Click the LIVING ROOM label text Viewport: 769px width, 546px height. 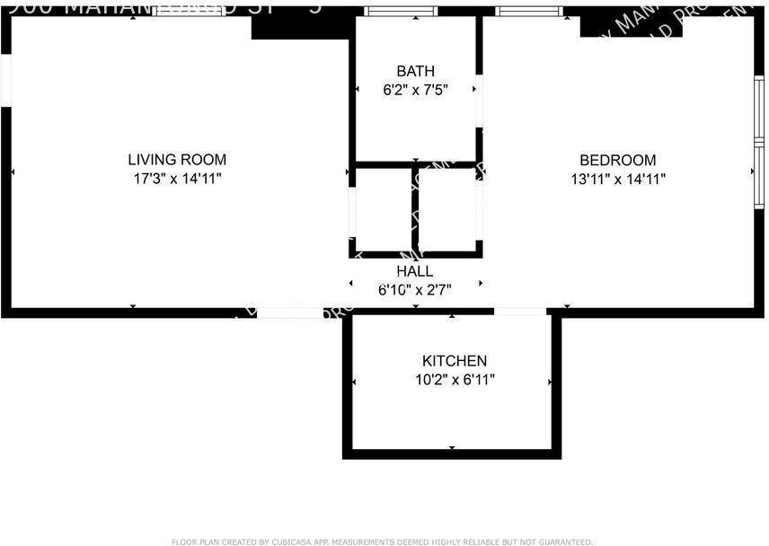point(177,160)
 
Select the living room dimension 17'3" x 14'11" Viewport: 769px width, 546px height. point(177,179)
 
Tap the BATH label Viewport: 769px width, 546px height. point(415,71)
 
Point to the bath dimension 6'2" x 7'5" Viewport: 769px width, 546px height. point(415,90)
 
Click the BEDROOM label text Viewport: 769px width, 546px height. point(617,160)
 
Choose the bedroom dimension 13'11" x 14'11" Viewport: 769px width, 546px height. point(617,179)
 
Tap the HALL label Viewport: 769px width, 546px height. point(414,270)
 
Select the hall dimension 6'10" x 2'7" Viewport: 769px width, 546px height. point(414,289)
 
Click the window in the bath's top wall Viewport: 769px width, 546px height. point(401,12)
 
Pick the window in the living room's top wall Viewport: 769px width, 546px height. point(186,12)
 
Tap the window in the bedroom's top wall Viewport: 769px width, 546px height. point(530,12)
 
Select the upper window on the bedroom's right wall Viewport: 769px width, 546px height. point(759,108)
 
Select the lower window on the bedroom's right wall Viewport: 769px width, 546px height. point(759,174)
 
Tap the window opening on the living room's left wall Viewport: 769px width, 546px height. point(5,81)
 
